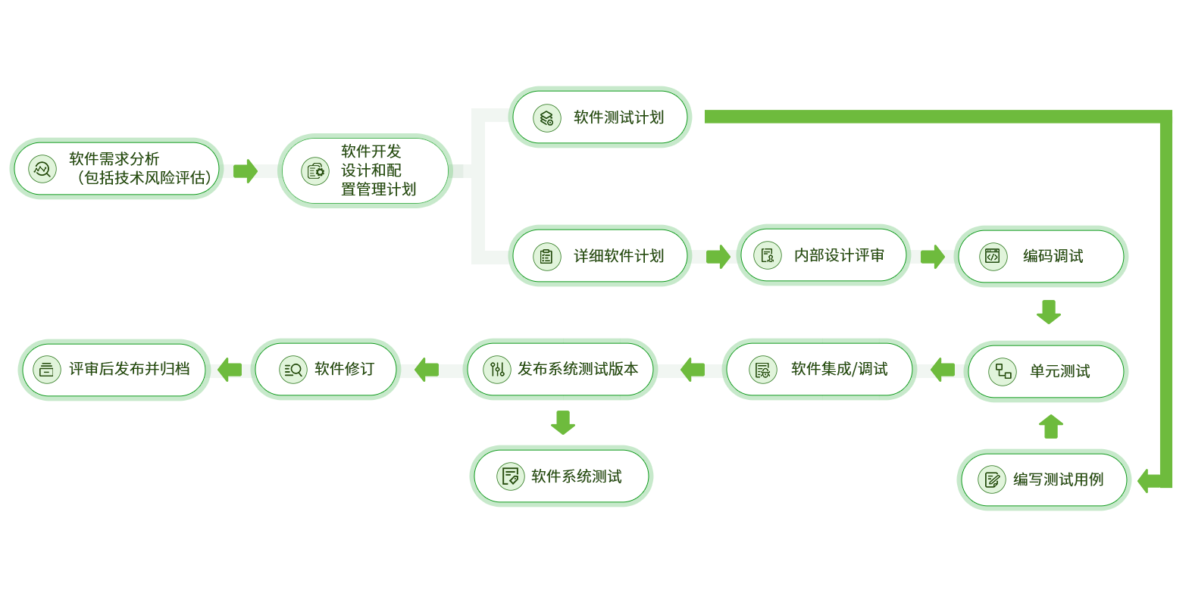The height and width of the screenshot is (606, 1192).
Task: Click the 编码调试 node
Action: (x=1041, y=256)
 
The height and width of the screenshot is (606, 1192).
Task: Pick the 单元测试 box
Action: (x=1047, y=371)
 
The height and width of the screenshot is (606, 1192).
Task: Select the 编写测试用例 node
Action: (x=1045, y=479)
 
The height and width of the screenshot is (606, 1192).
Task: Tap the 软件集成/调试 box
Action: (x=819, y=369)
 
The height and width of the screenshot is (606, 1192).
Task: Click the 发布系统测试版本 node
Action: (x=561, y=369)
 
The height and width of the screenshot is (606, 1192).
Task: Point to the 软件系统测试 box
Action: (x=562, y=476)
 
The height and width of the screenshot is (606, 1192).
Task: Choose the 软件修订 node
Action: (x=327, y=369)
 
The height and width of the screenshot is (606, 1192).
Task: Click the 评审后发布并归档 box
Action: (x=114, y=369)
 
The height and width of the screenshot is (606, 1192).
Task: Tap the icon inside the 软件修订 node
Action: (x=293, y=370)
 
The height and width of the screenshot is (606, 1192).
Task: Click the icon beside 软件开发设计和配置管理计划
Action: (x=315, y=171)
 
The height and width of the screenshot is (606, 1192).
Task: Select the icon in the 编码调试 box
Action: (x=993, y=256)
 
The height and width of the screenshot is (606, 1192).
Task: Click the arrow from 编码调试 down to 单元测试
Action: (x=1049, y=312)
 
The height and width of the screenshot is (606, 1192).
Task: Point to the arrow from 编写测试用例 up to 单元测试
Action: (x=1050, y=426)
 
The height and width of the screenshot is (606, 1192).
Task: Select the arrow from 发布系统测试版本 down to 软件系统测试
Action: (x=562, y=422)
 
